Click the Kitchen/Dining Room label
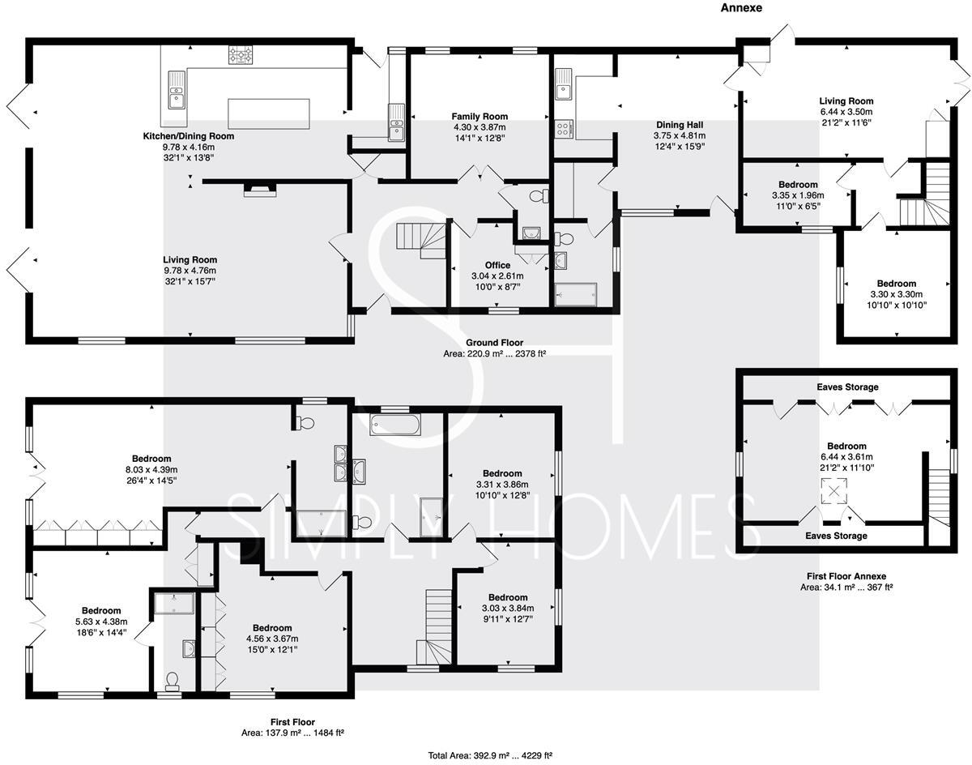(188, 136)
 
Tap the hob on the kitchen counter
(240, 55)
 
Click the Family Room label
(480, 117)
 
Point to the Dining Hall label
(680, 125)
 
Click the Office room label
(497, 265)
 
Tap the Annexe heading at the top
(741, 8)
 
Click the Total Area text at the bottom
(490, 755)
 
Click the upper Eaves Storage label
(846, 387)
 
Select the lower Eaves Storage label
(835, 536)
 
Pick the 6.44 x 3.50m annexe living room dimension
(846, 112)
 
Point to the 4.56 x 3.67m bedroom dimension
(272, 639)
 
